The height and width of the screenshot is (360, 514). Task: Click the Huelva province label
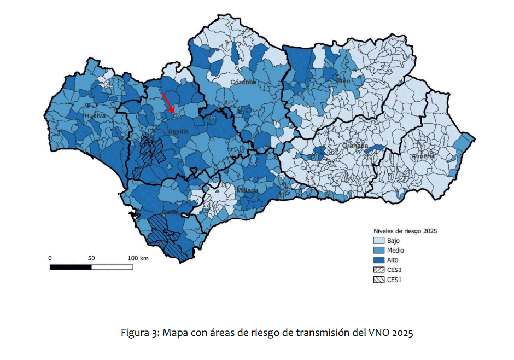pyautogui.click(x=95, y=116)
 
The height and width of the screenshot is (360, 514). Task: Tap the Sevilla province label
pyautogui.click(x=178, y=132)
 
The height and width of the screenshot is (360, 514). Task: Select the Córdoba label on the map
pyautogui.click(x=243, y=82)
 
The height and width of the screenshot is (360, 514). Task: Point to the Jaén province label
pyautogui.click(x=343, y=81)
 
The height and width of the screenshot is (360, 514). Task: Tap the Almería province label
pyautogui.click(x=423, y=156)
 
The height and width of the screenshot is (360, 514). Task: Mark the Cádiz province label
pyautogui.click(x=170, y=212)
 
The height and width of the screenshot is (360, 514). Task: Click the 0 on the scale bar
pyautogui.click(x=50, y=258)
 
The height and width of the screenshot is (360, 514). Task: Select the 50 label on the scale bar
pyautogui.click(x=91, y=258)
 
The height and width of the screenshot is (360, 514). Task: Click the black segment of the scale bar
pyautogui.click(x=71, y=267)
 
